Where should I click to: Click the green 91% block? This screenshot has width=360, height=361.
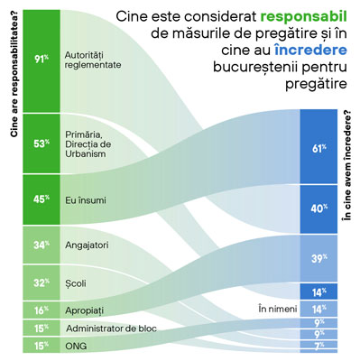42,61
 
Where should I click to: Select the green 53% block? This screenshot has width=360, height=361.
42,143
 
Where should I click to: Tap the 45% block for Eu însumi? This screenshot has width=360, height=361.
42,199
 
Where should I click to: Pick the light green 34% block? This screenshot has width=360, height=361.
42,245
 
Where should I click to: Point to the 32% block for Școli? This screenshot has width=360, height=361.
42,282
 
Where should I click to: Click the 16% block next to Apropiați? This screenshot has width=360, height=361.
42,310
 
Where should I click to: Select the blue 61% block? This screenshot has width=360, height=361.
318,146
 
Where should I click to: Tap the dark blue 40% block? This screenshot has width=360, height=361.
318,208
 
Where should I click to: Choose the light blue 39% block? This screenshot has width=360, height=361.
318,258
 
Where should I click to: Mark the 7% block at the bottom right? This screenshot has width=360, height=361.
318,346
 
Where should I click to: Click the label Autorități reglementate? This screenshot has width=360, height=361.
93,60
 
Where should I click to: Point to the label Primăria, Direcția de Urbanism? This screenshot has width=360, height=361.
88,143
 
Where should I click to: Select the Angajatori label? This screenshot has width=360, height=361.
87,245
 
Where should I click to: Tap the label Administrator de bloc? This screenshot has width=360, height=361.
111,329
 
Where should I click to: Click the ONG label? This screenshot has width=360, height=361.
76,346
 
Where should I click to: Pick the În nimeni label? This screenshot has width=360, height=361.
278,309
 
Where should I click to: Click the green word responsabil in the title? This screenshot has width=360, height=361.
303,17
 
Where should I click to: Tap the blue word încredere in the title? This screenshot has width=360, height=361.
310,50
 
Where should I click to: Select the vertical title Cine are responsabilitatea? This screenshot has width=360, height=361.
14,74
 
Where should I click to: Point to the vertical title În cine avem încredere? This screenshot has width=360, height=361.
347,165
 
